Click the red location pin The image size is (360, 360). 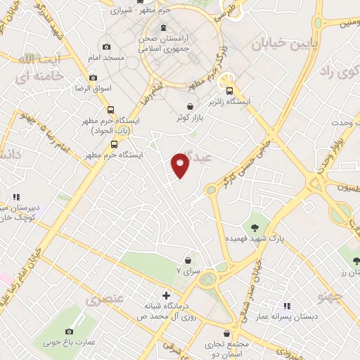pyautogui.click(x=181, y=165)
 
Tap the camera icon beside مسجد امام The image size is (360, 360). pyautogui.click(x=106, y=47)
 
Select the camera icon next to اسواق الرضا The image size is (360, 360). pyautogui.click(x=93, y=78)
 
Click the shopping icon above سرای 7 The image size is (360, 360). pyautogui.click(x=187, y=260)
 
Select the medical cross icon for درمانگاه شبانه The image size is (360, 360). pyautogui.click(x=166, y=295)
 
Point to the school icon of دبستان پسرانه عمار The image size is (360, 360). pyautogui.click(x=286, y=305)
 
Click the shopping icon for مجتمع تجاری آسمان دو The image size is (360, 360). pyautogui.click(x=226, y=334)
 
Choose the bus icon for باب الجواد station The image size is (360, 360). pyautogui.click(x=110, y=109)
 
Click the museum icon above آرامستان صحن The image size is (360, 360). pyautogui.click(x=164, y=28)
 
